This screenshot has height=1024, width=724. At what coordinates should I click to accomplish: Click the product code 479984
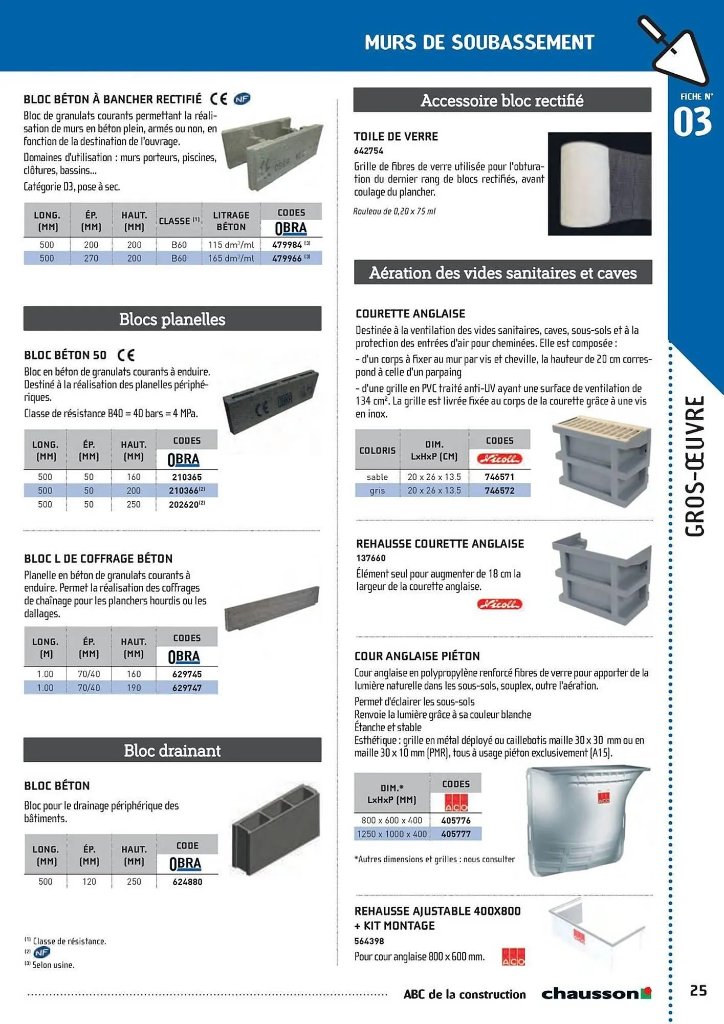tap(287, 245)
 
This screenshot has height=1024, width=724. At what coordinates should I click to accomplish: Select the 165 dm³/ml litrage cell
tap(231, 259)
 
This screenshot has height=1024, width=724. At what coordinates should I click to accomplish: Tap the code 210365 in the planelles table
tap(187, 477)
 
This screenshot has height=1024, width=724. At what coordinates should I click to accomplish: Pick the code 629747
tap(187, 688)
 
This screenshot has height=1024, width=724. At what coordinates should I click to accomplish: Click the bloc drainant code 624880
tap(187, 882)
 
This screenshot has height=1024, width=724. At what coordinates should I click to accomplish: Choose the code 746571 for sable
tap(499, 477)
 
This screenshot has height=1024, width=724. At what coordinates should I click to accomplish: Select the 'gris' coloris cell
tap(377, 490)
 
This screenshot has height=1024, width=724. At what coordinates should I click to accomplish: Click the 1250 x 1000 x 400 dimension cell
tap(392, 834)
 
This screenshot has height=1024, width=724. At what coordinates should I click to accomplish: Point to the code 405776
tap(455, 820)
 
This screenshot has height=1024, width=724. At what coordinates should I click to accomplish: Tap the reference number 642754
tap(368, 151)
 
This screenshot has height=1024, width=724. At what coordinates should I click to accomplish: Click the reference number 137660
tap(371, 558)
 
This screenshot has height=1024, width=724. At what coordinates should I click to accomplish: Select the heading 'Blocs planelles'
tap(172, 319)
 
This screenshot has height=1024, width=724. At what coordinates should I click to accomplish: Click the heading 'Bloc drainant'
tap(172, 751)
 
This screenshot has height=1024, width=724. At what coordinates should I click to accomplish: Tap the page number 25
tap(698, 991)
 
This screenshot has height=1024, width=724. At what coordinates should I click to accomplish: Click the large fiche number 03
tap(692, 122)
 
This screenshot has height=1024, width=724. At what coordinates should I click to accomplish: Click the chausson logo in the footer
tap(596, 994)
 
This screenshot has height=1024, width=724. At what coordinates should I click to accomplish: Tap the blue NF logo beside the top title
tap(242, 99)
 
